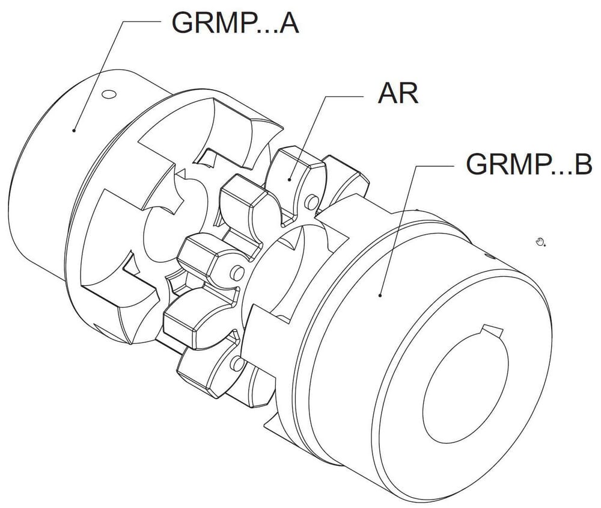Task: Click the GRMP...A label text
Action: [x=234, y=23]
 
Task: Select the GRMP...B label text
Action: [x=529, y=164]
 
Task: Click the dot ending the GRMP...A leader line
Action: [x=74, y=130]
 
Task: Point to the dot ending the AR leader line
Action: [x=290, y=179]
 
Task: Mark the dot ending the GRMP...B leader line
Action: [x=380, y=295]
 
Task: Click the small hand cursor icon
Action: [x=540, y=241]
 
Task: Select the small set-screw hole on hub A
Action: [x=109, y=94]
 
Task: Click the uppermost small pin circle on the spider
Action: [x=313, y=202]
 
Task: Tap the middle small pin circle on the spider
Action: [x=237, y=273]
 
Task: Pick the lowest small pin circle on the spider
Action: [x=238, y=363]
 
